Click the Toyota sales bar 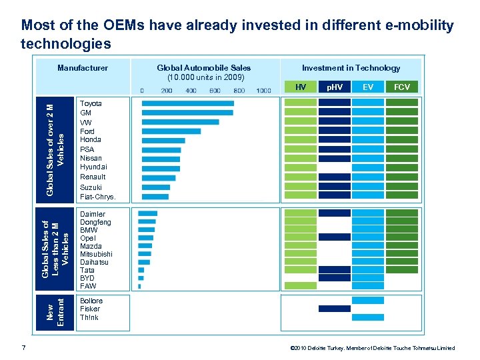(187, 103)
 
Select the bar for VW (180, 122)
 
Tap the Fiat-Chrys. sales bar (155, 197)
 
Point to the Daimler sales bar (147, 213)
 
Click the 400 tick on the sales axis (191, 90)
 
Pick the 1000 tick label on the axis (263, 90)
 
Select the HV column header (301, 87)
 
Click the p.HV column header (334, 87)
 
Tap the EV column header (368, 87)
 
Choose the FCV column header (402, 87)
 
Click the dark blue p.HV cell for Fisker (334, 309)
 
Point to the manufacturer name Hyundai (93, 167)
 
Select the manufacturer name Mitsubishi (96, 254)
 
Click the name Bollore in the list (91, 301)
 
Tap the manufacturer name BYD (87, 278)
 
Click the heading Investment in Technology (351, 68)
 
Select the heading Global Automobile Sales (203, 68)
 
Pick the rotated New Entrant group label (56, 309)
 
